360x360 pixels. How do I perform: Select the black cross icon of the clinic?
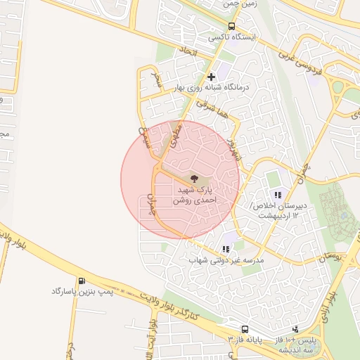point(210,76)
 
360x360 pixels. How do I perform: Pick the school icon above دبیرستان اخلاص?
point(278,195)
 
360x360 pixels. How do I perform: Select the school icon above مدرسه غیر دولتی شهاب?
point(226,249)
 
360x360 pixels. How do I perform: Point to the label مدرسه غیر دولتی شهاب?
point(225,261)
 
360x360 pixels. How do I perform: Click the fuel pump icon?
point(83,280)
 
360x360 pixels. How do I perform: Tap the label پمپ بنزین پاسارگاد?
point(82,290)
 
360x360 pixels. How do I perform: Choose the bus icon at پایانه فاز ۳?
point(244,328)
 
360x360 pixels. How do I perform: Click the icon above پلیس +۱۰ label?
point(295,328)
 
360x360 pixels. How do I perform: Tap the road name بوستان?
point(333,259)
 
